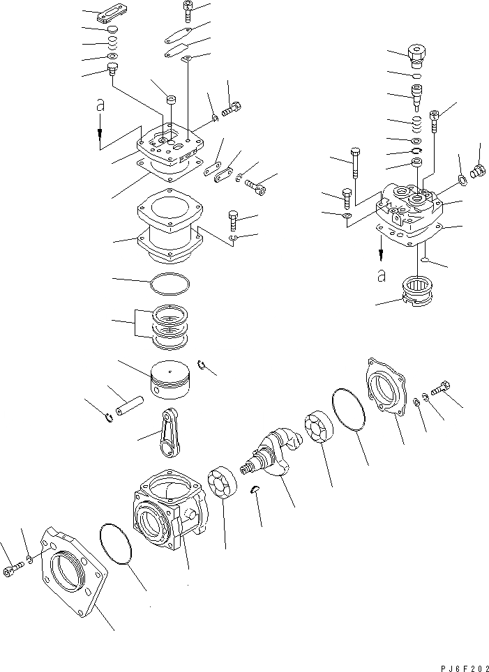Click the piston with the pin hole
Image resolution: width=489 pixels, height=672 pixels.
pos(171,381)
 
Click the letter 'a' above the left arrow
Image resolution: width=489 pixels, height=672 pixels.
pos(100,105)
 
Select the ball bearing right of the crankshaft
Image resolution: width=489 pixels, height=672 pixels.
pos(320,427)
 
